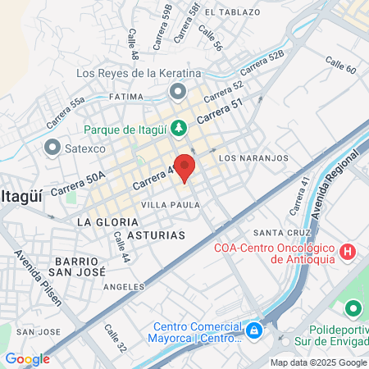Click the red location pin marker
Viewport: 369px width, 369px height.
click(184, 167)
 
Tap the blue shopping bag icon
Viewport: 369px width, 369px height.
click(254, 330)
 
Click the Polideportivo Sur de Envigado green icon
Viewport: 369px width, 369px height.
click(353, 309)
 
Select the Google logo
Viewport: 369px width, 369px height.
click(27, 358)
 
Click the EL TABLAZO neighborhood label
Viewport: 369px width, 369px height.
click(232, 12)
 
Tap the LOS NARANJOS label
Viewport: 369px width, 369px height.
click(253, 157)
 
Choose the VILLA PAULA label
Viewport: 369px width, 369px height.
click(171, 204)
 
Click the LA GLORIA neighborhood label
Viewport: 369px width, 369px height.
click(104, 222)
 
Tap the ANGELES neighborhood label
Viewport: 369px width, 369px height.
click(125, 288)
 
